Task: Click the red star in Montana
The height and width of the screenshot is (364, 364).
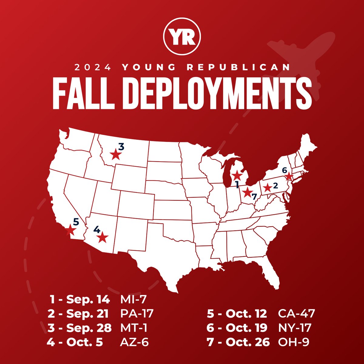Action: coord(115,155)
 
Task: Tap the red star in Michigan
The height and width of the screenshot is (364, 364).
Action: coord(237,175)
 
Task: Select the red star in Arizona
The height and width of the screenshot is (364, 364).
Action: coord(103,238)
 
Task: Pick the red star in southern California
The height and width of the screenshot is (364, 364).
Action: coord(70,229)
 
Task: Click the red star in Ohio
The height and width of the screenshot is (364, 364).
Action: coord(247,192)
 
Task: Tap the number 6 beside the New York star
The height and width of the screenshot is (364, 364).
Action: coord(284,170)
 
